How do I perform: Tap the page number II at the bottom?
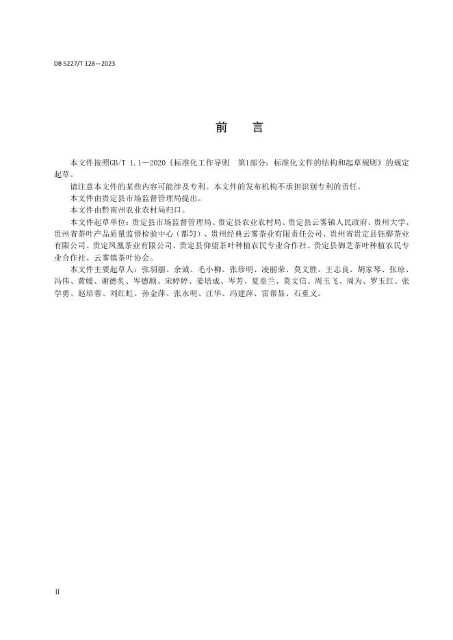pyautogui.click(x=57, y=590)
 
